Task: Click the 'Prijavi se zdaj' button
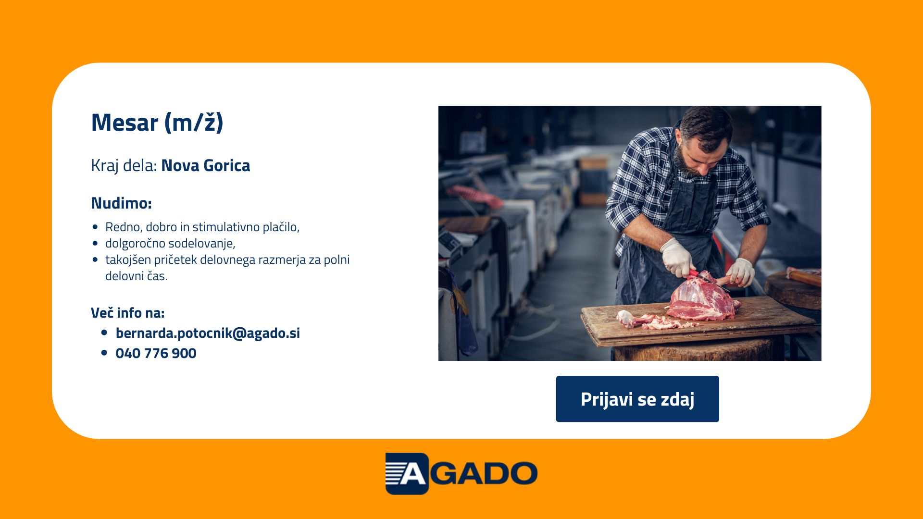tap(637, 399)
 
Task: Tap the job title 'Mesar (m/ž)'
tap(157, 123)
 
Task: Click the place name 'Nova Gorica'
tap(206, 165)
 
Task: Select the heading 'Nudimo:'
tap(121, 203)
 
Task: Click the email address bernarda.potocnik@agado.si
tap(208, 333)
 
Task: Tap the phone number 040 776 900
tap(156, 353)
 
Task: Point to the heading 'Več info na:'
tap(128, 313)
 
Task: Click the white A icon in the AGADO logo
tap(407, 473)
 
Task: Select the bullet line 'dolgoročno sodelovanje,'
tap(170, 243)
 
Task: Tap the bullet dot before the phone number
tap(104, 353)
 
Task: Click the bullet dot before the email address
tap(104, 333)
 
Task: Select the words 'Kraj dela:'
tap(124, 166)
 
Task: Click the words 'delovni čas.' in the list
tap(137, 276)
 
